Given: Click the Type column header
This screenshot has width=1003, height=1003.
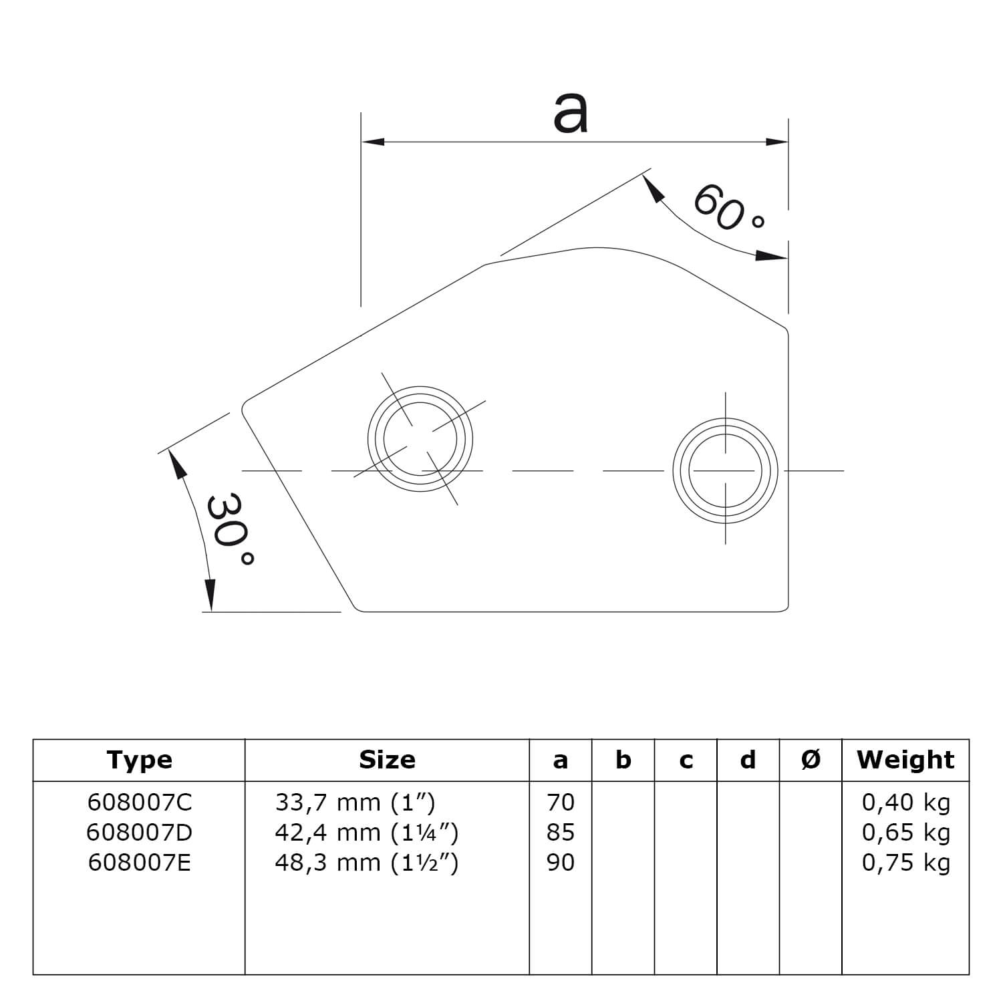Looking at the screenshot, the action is coord(139,760).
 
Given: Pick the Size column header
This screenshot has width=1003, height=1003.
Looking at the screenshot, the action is coord(387,760).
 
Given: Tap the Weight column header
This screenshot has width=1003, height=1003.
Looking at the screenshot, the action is coord(905,760).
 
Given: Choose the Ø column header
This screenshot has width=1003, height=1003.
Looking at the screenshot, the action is coord(811,760).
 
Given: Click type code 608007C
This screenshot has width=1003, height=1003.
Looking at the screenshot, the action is coord(139,802).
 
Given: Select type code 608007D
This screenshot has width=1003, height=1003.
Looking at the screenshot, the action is coord(139,832).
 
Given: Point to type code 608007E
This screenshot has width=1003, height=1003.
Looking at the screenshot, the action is coord(139,863).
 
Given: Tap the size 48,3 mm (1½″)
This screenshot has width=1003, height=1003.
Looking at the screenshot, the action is coord(366,863).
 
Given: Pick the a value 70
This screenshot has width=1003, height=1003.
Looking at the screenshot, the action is coord(560,802).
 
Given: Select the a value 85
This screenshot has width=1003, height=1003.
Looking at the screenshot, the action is coord(560,832).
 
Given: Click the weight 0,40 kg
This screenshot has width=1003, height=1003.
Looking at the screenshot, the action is coord(905,803).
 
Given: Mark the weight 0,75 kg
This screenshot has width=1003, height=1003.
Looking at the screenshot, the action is coord(905,863).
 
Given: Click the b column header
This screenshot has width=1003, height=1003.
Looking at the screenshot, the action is coord(623,760).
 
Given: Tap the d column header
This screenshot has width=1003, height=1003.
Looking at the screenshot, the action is coord(748,760).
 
